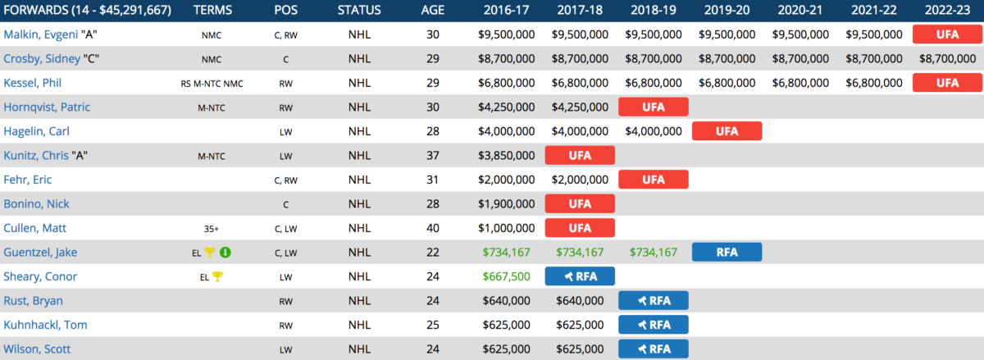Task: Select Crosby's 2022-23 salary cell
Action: (x=946, y=59)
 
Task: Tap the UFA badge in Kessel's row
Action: (x=947, y=83)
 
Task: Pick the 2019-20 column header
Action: (x=727, y=11)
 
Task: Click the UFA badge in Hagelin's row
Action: (x=727, y=131)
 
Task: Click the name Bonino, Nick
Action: (x=36, y=204)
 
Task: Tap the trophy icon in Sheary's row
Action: (x=217, y=276)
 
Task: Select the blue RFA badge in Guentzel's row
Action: (x=727, y=252)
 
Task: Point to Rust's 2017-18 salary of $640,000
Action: (x=581, y=300)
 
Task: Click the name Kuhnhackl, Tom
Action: (x=45, y=325)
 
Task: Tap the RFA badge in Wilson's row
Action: (x=654, y=349)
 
